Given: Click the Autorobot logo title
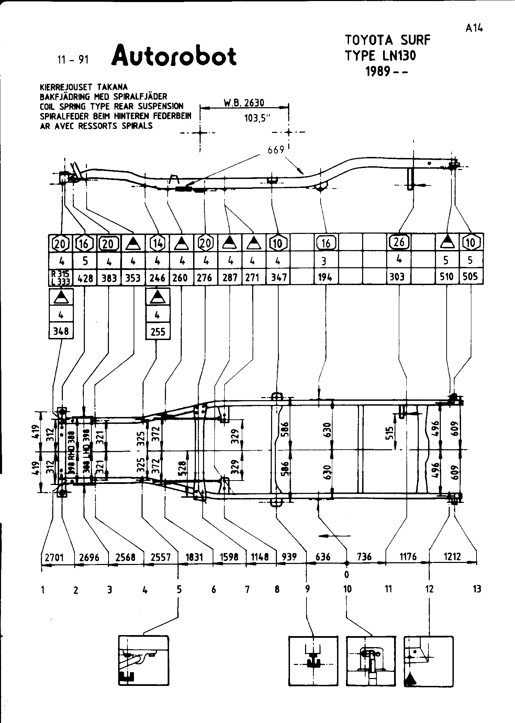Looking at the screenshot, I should (x=174, y=56).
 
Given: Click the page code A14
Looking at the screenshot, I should (x=474, y=29).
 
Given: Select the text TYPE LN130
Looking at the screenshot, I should (x=380, y=56).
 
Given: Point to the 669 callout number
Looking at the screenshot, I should (x=276, y=150).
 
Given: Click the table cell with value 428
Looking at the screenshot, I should (x=85, y=278).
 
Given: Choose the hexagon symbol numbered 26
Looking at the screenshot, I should (x=399, y=242).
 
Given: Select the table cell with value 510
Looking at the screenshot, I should (x=447, y=276).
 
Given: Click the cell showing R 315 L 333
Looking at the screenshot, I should (x=61, y=278).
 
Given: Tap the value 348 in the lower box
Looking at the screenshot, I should (x=61, y=331).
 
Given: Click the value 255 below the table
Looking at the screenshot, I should (x=158, y=332).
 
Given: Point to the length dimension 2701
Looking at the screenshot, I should (x=55, y=557).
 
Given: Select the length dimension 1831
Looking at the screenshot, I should (x=194, y=557).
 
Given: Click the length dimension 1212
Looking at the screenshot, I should (x=452, y=556).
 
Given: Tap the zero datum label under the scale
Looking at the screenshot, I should (x=347, y=574).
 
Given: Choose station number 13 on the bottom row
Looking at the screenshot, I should (x=477, y=589).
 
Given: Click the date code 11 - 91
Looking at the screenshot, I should (x=73, y=60).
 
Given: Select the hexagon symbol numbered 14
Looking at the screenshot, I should (x=157, y=244).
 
